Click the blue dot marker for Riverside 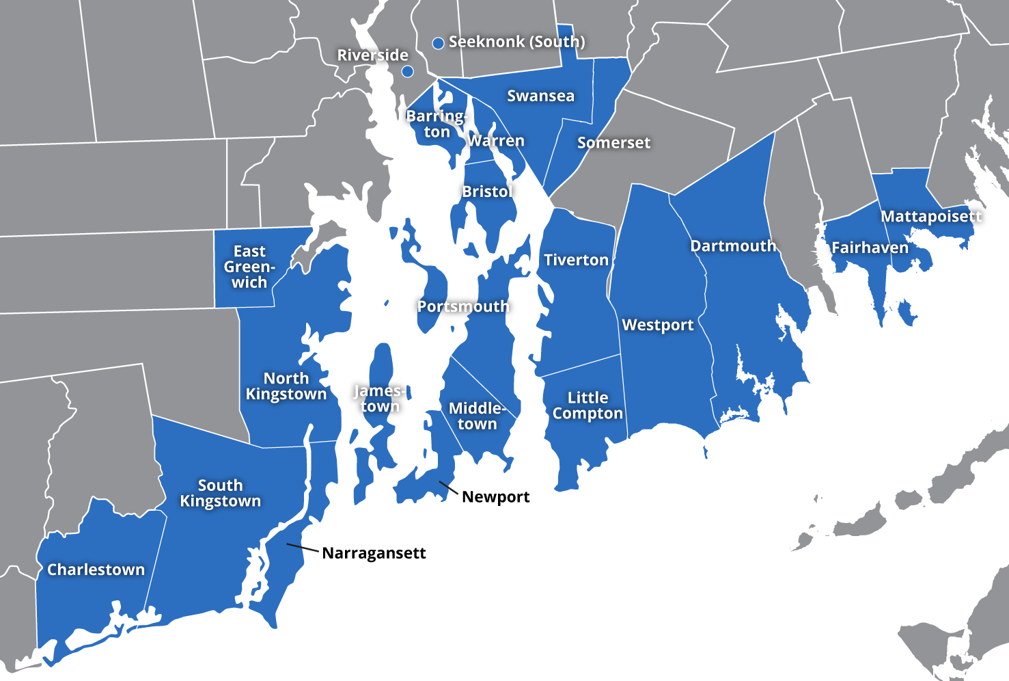(407, 71)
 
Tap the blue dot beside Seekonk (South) (439, 43)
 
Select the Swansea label (540, 96)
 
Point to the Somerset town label (613, 143)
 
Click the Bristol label (487, 191)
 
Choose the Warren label (497, 141)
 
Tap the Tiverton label (576, 260)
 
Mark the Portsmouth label (463, 306)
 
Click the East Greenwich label (249, 267)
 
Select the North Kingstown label (286, 386)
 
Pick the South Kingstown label (220, 493)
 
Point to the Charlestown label (96, 570)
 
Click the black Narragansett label (374, 553)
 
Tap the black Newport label (495, 497)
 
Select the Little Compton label (588, 405)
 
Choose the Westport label (657, 325)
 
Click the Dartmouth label (733, 246)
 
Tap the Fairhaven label (870, 248)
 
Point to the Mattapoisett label (930, 217)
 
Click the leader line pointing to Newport (449, 488)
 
